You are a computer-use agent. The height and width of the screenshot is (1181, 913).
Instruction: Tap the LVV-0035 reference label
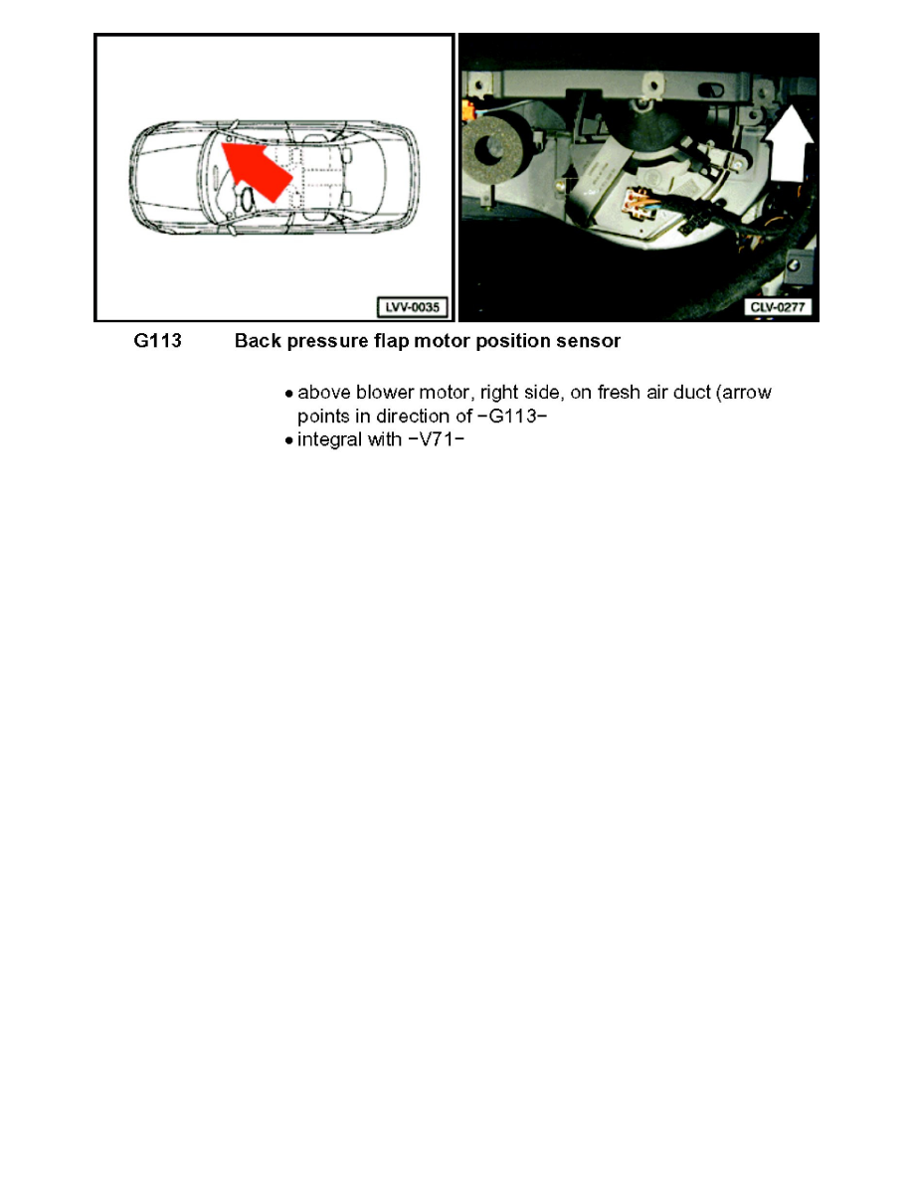pyautogui.click(x=410, y=305)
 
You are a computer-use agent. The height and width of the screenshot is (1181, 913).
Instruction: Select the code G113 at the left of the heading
pyautogui.click(x=157, y=341)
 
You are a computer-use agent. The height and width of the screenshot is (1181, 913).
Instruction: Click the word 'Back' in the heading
pyautogui.click(x=257, y=341)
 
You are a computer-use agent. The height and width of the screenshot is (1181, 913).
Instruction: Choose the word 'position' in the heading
pyautogui.click(x=518, y=341)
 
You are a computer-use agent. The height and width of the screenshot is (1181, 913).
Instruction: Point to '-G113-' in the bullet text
pyautogui.click(x=514, y=416)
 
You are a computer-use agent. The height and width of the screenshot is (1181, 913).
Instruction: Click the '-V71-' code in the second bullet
pyautogui.click(x=437, y=438)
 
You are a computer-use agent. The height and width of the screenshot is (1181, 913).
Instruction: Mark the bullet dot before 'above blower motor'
pyautogui.click(x=288, y=394)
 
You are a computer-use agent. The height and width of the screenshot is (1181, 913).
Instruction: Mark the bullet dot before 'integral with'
pyautogui.click(x=288, y=439)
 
